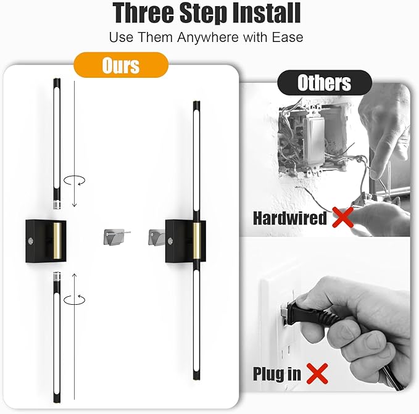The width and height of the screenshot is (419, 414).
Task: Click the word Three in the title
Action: tap(143, 13)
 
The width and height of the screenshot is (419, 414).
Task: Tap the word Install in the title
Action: tap(267, 13)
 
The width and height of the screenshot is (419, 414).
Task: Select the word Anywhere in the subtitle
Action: tap(207, 38)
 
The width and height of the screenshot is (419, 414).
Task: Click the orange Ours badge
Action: tap(121, 65)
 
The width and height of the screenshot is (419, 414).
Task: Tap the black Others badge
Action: tap(325, 83)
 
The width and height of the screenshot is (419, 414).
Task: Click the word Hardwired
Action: tap(290, 218)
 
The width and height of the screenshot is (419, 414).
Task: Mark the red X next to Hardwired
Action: tap(343, 217)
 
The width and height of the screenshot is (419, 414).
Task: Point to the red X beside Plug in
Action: tap(317, 373)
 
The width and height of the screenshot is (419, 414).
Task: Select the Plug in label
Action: tap(277, 374)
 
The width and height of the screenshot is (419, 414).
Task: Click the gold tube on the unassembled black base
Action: tap(57, 241)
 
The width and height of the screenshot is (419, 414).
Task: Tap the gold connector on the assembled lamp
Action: tap(196, 241)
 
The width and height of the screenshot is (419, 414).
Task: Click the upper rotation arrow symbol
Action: tap(74, 180)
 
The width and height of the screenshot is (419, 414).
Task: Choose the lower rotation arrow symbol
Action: tap(74, 300)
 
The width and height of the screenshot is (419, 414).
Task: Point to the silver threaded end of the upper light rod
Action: tap(57, 205)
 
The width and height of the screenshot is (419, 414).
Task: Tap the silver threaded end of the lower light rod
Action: tap(57, 276)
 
